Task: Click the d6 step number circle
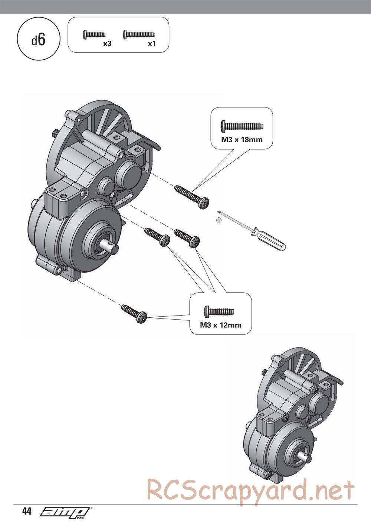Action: pos(38,40)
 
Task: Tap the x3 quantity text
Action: pos(107,44)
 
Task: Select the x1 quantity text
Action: pos(152,44)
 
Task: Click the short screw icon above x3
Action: pos(94,34)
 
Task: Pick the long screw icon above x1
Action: pos(139,34)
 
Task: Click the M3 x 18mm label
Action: pos(242,140)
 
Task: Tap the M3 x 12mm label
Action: pos(221,325)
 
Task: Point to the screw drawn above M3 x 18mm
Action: pos(242,126)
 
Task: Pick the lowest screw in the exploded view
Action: pos(134,313)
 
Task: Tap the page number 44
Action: pos(27,512)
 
